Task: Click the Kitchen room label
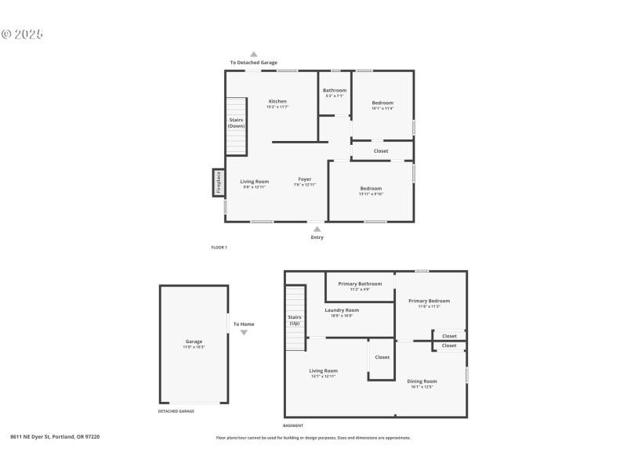tap(277, 102)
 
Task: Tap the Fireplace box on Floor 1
tap(219, 182)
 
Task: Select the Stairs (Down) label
tap(236, 123)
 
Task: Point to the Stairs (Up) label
tap(295, 320)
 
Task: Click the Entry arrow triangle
tap(317, 228)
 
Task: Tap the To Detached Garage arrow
tap(253, 54)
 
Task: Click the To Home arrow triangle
tap(244, 333)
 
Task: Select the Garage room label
tap(194, 342)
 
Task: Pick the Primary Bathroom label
tap(360, 284)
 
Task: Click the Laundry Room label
tap(342, 310)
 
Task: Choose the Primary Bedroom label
tap(429, 301)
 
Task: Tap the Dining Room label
tap(422, 381)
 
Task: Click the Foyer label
tap(305, 179)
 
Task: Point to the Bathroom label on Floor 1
tap(335, 90)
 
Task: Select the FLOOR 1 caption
tap(219, 248)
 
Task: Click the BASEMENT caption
tap(292, 425)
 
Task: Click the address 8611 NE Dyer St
tap(55, 436)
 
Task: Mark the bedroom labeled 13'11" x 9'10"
tap(371, 189)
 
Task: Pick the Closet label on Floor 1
tap(381, 150)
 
